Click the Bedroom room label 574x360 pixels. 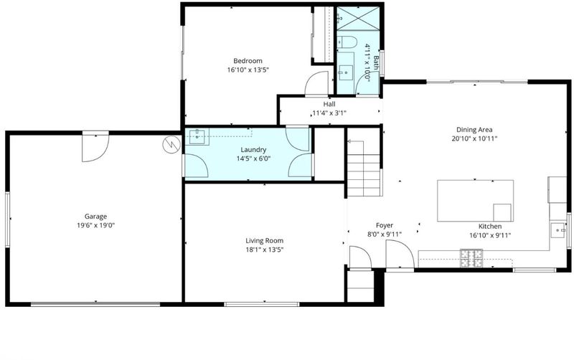tap(248, 61)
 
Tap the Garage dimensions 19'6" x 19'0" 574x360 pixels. tap(96, 225)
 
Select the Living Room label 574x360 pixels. tap(264, 241)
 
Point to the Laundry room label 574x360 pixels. tap(253, 150)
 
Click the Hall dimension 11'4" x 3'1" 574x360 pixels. tap(329, 113)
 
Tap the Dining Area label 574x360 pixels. tap(474, 130)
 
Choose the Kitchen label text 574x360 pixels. tap(490, 227)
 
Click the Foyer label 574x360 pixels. tap(385, 225)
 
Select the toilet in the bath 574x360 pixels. tap(347, 42)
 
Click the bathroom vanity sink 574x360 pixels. tap(345, 73)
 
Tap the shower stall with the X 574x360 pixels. tap(357, 19)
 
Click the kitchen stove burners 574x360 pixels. tap(471, 258)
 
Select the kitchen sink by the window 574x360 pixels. tap(558, 230)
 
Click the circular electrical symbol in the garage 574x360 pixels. tap(171, 145)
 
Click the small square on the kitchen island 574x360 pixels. tap(502, 212)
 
